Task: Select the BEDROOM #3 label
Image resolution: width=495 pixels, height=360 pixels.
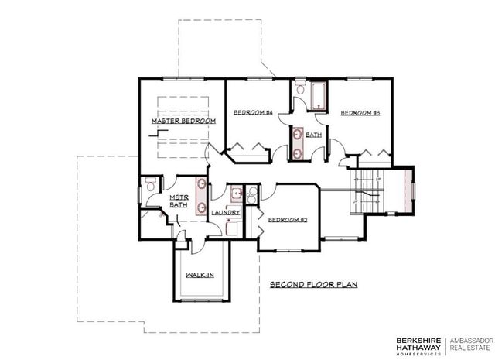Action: pyautogui.click(x=360, y=113)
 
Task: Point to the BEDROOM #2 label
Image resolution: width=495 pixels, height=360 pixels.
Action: pyautogui.click(x=288, y=220)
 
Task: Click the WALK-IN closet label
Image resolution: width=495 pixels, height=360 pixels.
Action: pyautogui.click(x=200, y=275)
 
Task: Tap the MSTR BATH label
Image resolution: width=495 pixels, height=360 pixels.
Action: pyautogui.click(x=179, y=201)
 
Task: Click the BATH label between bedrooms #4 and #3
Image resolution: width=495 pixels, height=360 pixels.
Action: pyautogui.click(x=313, y=135)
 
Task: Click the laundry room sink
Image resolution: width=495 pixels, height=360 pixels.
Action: pyautogui.click(x=235, y=194)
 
